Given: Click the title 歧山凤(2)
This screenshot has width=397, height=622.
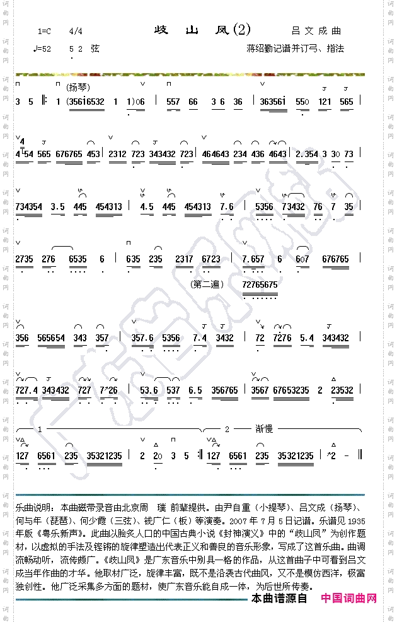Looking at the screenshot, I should [x=202, y=30].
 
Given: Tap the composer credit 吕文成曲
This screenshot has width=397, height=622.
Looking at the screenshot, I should [x=316, y=30].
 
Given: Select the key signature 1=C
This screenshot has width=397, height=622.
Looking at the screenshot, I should [x=45, y=31].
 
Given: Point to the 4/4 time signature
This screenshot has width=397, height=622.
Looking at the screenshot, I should [x=76, y=31].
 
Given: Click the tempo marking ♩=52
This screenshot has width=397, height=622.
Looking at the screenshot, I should [x=43, y=49].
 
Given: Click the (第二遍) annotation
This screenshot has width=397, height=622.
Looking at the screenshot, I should [x=207, y=285].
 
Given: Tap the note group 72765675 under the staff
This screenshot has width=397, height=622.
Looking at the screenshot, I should [x=259, y=285].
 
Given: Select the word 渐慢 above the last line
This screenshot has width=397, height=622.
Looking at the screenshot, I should [x=264, y=429].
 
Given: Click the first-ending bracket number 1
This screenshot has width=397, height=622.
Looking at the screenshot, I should [x=40, y=429].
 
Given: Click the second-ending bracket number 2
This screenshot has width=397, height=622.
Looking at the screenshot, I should [x=227, y=429].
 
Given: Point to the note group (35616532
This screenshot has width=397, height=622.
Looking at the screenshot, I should [x=85, y=102].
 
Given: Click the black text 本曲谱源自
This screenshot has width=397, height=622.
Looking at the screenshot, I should [x=279, y=598].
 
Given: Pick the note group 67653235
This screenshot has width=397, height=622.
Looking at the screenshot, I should [x=291, y=390].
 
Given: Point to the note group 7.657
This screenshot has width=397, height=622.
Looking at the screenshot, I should [x=253, y=259].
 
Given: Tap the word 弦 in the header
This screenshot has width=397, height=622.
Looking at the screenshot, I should [x=95, y=49].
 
